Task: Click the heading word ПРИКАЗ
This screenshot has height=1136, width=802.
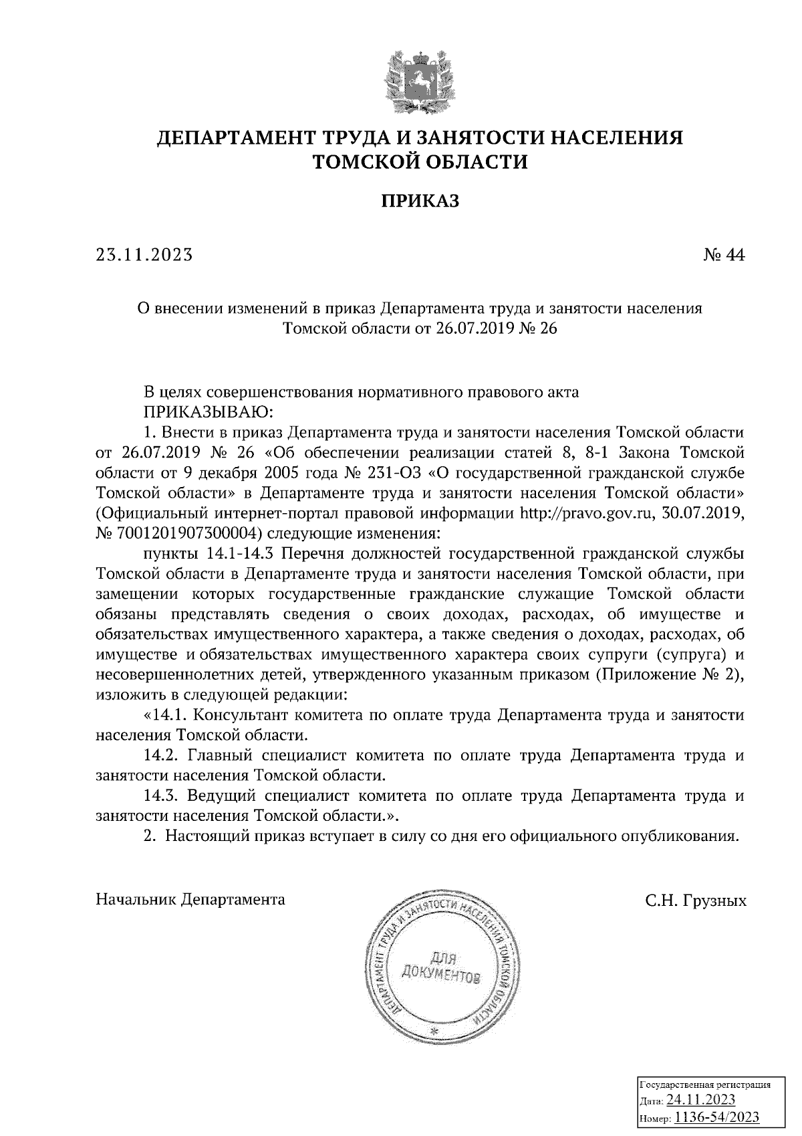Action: coord(420,201)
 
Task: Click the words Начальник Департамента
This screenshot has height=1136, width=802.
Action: coord(190,899)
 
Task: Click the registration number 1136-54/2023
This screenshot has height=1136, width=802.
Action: coord(716,1117)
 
